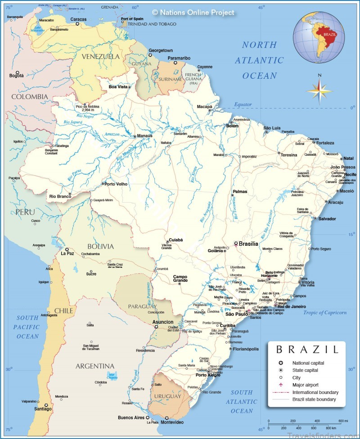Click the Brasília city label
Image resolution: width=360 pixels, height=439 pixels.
pos(248,244)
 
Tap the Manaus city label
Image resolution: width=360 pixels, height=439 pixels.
pos(145,136)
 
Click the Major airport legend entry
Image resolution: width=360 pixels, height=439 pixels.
pos(306,385)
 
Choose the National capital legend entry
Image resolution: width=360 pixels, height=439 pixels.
pos(308,363)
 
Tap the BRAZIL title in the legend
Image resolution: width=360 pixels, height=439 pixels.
pos(307,349)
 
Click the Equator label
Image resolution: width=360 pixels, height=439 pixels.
pos(243,104)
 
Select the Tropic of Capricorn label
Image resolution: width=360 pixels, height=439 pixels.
pos(325,312)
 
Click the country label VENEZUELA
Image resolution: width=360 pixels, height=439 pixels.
pos(101,56)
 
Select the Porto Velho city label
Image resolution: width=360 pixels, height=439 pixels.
pos(116,184)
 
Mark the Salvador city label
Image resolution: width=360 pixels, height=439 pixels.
pos(327,219)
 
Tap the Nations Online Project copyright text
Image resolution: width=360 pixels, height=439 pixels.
pos(193,13)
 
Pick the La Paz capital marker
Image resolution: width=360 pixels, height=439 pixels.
pos(67,249)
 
